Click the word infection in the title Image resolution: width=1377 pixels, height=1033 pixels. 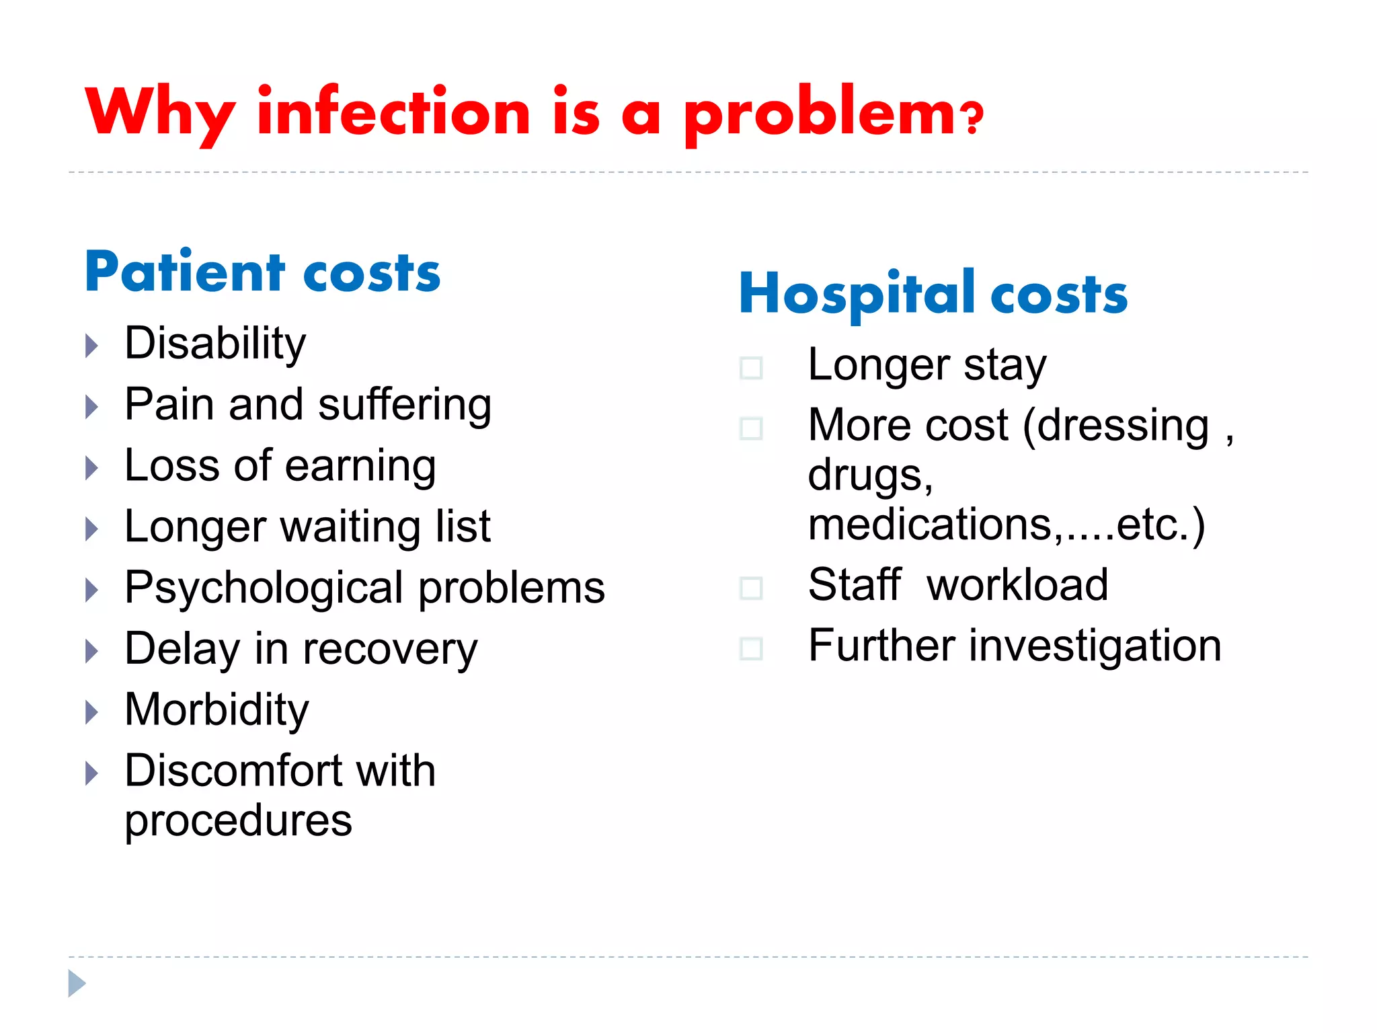[x=394, y=112]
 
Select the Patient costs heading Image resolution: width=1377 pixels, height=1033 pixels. [x=262, y=272]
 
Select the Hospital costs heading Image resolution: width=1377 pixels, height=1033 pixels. [x=933, y=294]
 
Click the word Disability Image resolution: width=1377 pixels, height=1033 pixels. [x=215, y=344]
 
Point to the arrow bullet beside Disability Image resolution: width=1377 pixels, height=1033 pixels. [x=92, y=346]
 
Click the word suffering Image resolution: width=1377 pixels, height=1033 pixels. [x=405, y=405]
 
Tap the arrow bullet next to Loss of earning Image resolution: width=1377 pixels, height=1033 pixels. [x=92, y=468]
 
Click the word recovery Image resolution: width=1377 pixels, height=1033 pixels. [x=390, y=650]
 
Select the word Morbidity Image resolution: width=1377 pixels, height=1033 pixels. [x=217, y=710]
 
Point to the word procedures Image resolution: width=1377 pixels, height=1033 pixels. [x=238, y=821]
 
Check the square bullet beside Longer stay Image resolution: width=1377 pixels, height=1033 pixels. [x=750, y=368]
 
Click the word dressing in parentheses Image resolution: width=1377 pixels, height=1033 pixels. [x=1123, y=426]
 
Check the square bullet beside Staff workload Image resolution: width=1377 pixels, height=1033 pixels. [x=750, y=588]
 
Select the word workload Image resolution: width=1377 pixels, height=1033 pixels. [x=1017, y=584]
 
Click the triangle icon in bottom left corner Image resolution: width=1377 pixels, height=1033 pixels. [x=77, y=983]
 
